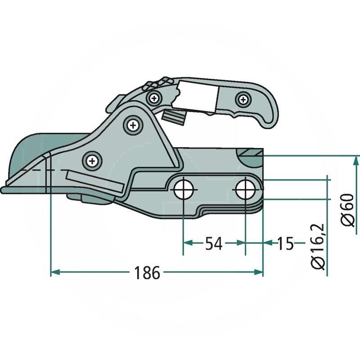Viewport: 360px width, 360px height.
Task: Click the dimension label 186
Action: coord(146,272)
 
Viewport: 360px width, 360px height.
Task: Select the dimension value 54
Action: coord(214,243)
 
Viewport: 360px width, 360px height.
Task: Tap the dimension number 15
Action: coord(284,243)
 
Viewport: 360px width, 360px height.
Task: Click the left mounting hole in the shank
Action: coord(183,189)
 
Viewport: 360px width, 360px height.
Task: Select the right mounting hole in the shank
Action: coord(245,189)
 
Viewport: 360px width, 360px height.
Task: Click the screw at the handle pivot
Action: coord(154,97)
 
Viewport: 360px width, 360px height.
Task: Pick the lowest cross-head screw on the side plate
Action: coord(92,159)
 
